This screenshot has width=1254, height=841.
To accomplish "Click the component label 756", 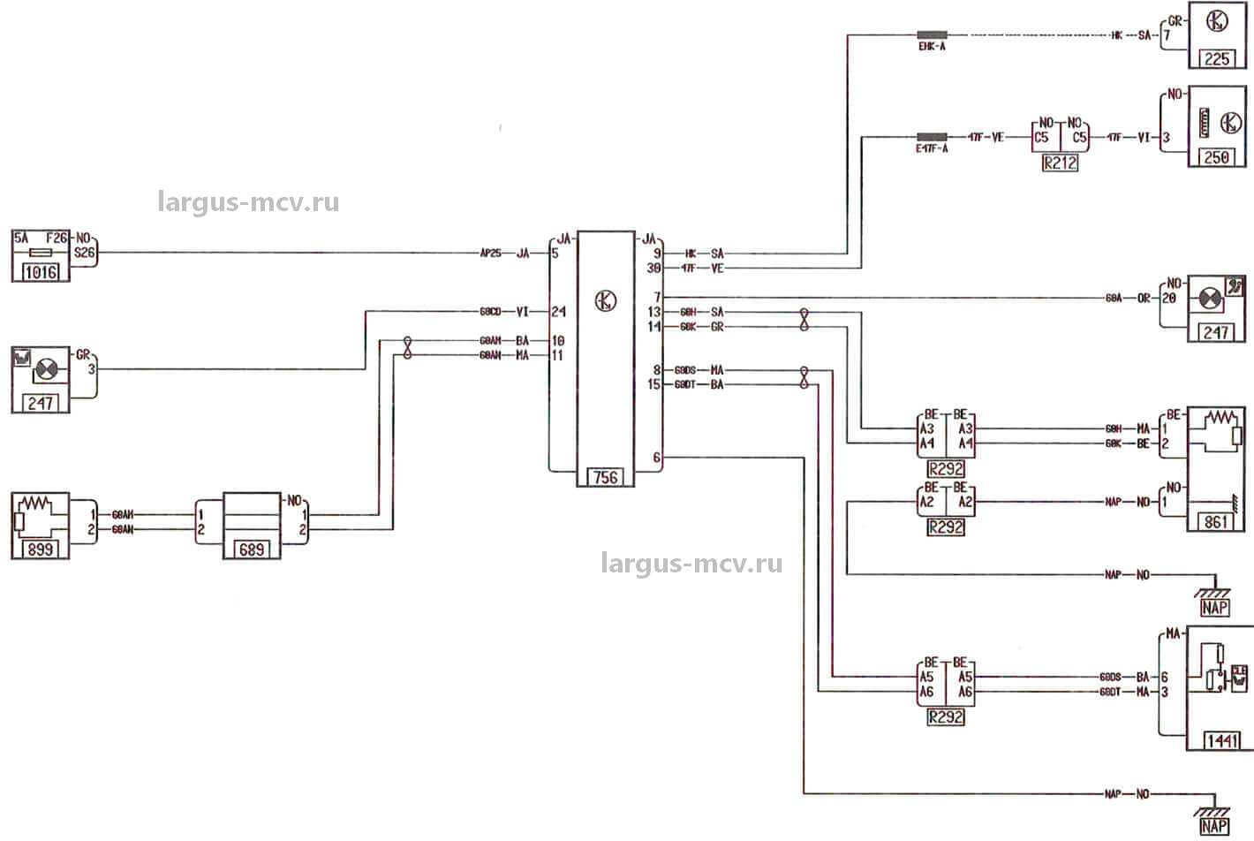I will click(605, 478).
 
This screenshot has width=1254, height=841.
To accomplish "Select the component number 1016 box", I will click(41, 272).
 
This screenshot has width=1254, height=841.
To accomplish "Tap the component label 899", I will click(40, 549).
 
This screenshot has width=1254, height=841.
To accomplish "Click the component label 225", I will click(1216, 60).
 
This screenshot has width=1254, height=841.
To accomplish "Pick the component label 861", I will click(1216, 522).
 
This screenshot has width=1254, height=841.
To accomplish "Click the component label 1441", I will click(1221, 740).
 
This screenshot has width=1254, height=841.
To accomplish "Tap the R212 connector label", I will click(1060, 163).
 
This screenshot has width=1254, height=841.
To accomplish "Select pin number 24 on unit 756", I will click(558, 311).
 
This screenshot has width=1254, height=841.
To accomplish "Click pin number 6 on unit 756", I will click(656, 458).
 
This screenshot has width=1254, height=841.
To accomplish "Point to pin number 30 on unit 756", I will click(654, 269).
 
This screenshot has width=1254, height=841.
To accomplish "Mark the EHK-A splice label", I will click(932, 46).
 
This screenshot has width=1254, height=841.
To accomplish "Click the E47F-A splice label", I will click(932, 148).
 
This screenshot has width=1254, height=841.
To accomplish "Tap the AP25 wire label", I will click(490, 253).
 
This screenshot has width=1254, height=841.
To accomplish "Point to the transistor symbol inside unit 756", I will click(605, 300).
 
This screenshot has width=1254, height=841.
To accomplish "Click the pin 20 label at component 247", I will click(1169, 299).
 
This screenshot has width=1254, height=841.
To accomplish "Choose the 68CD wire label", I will click(490, 311).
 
